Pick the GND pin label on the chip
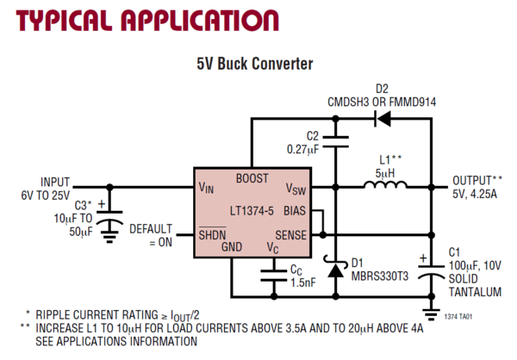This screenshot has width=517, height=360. click(x=232, y=248)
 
